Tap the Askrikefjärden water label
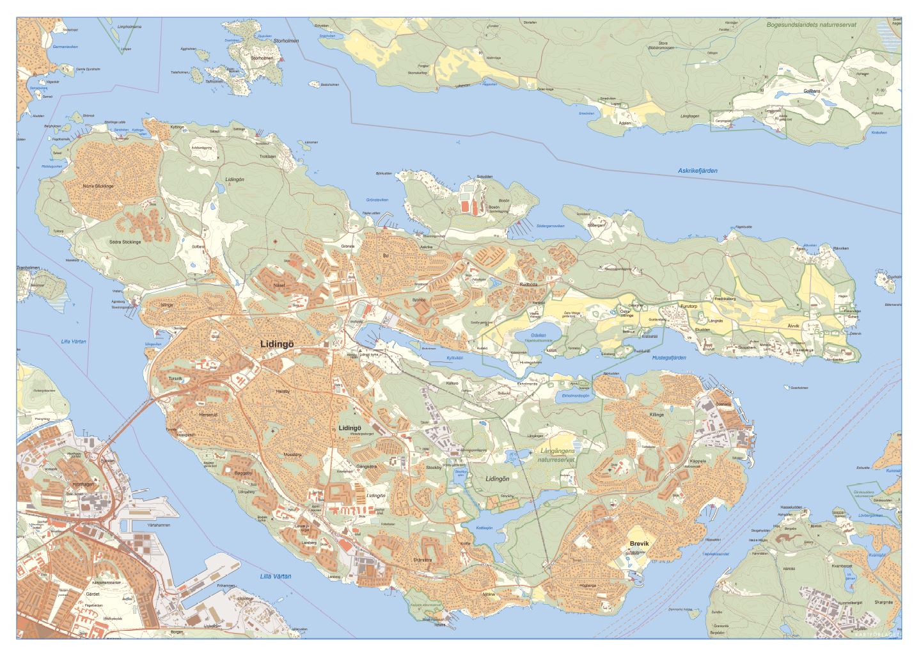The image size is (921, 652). coord(698,171)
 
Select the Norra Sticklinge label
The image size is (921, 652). coord(98,186)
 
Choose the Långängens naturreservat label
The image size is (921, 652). coord(556,455)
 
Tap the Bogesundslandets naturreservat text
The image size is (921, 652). coord(810,24)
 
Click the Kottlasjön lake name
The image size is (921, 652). coord(485,528)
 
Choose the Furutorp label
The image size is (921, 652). coord(691,306)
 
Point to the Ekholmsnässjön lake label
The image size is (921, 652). coord(576,395)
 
